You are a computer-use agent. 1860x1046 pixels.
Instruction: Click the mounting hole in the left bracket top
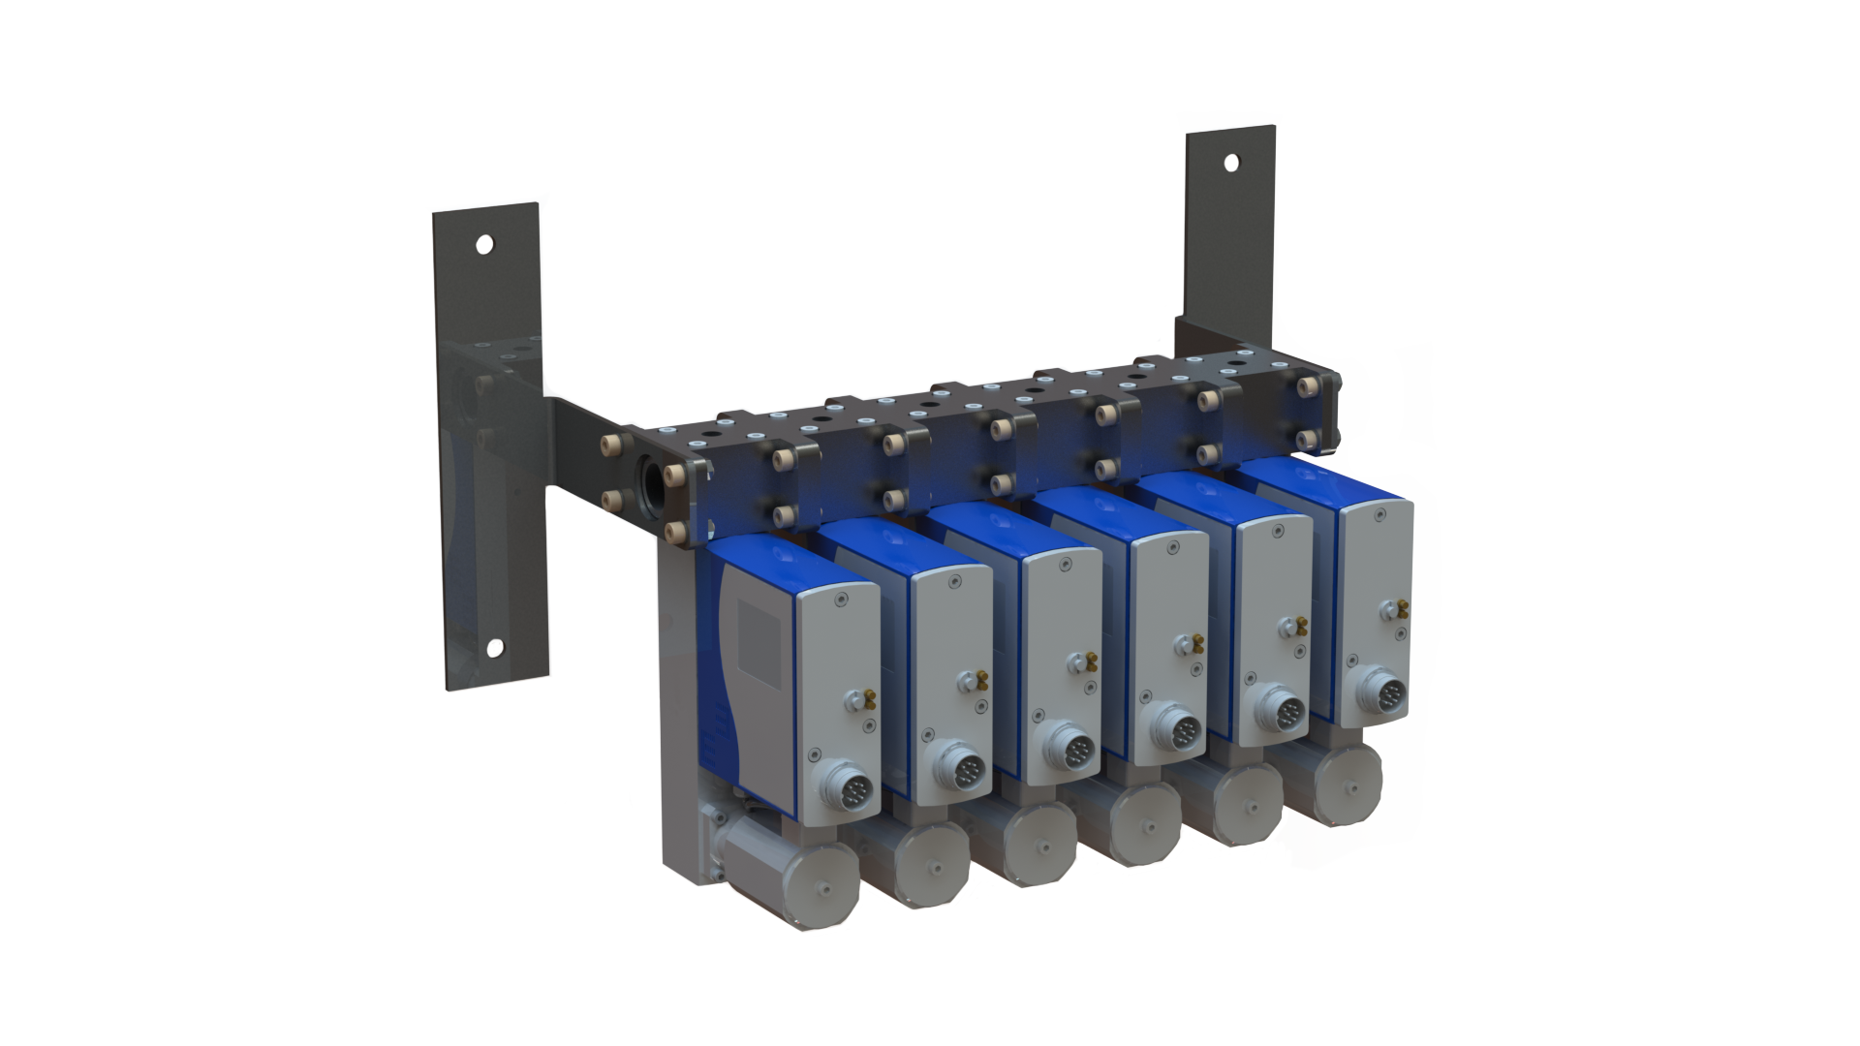click(x=484, y=244)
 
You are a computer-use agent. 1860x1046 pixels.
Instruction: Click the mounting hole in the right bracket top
click(x=1231, y=163)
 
